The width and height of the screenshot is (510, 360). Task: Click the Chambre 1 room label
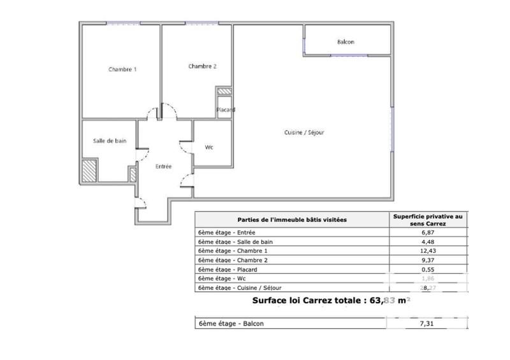point(122,69)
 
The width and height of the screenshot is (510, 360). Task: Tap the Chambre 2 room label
point(202,66)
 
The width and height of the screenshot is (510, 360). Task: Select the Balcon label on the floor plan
point(346,43)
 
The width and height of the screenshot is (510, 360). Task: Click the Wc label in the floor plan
point(208,147)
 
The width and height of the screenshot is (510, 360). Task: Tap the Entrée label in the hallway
point(164,166)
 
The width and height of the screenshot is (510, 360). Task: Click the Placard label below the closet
point(226,110)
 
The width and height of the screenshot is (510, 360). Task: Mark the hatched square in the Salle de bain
point(89,169)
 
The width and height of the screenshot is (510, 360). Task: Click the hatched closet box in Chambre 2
point(224,92)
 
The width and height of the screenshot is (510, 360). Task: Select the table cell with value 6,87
point(428,234)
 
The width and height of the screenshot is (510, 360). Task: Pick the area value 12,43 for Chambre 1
point(428,252)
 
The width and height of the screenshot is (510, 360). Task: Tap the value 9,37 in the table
point(428,261)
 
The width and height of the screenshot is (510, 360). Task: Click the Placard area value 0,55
point(428,270)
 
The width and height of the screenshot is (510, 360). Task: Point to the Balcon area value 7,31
point(428,324)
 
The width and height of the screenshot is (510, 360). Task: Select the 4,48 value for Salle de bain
point(428,243)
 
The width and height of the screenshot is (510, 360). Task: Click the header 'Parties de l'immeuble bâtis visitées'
point(292,220)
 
